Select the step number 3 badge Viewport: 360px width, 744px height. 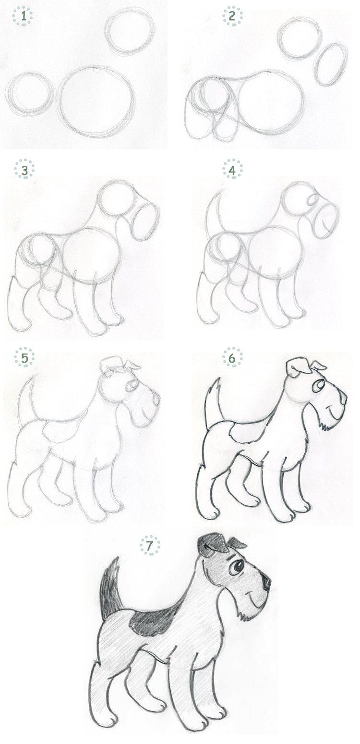[x=24, y=169]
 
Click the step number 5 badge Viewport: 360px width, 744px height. [x=24, y=357]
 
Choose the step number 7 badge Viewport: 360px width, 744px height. [x=150, y=546]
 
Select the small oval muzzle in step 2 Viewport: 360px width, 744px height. [x=331, y=64]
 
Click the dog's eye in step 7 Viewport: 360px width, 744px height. [x=236, y=567]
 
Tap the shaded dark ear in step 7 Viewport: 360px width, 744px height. [x=212, y=545]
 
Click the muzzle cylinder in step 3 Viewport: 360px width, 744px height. [x=145, y=220]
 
